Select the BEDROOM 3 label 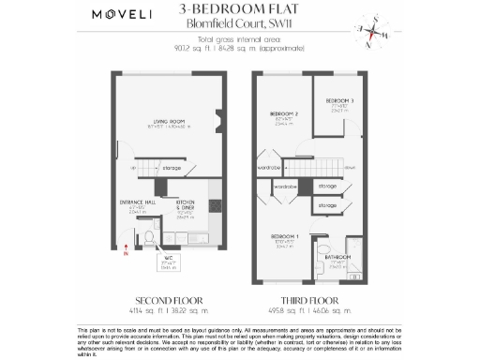click(339, 101)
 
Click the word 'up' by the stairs click(134, 168)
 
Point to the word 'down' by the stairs click(350, 168)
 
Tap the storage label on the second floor click(172, 168)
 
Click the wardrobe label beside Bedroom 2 click(267, 169)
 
